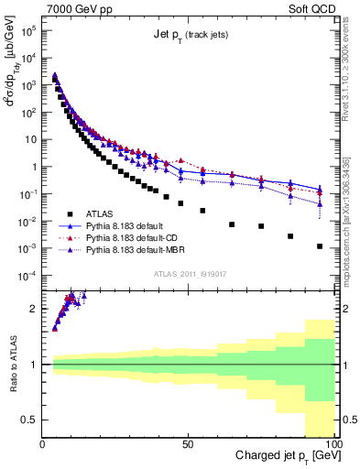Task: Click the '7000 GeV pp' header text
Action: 76,8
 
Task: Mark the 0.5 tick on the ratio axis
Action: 29,420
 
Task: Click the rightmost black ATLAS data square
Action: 320,245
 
